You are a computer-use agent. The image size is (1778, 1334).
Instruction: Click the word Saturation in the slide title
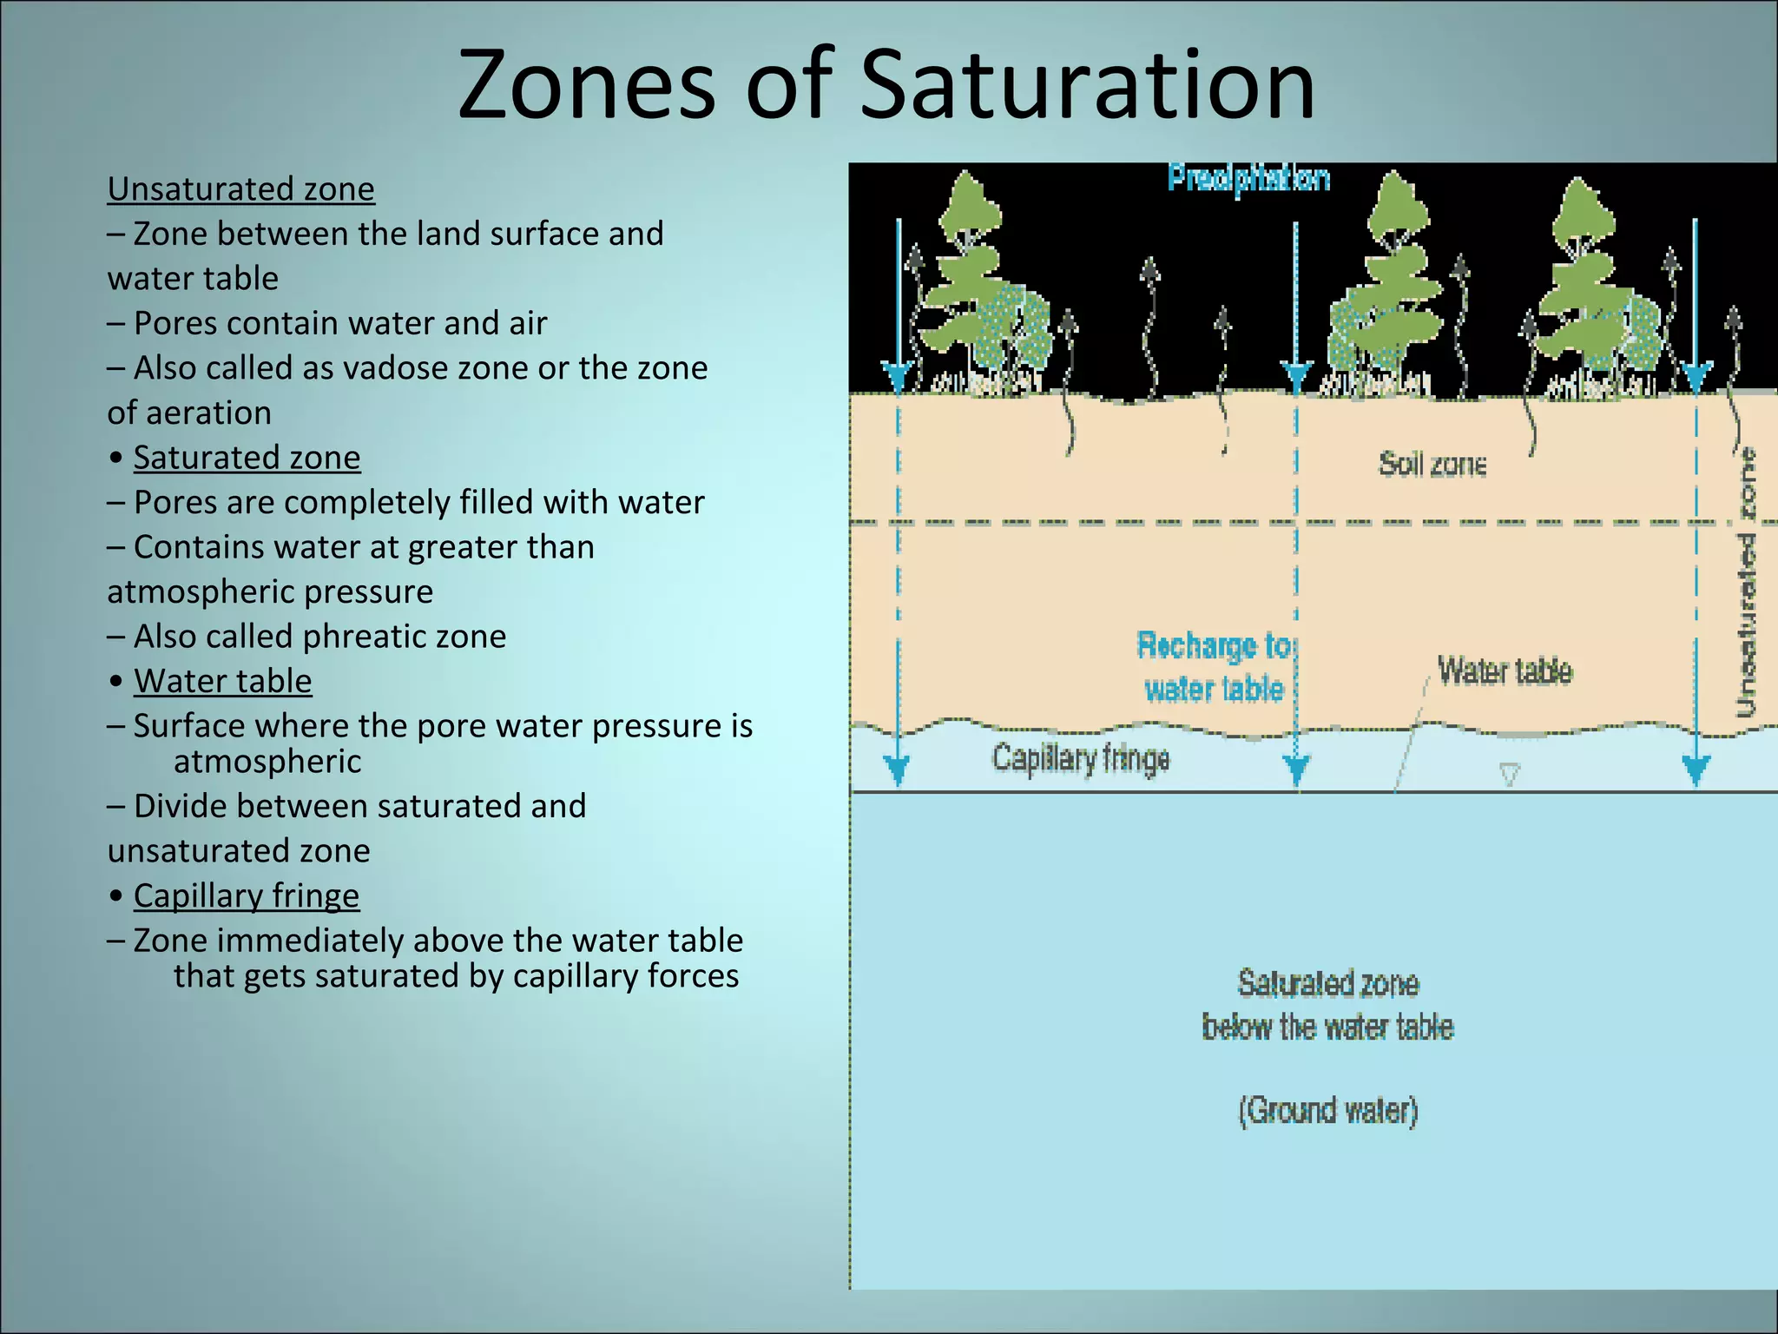tap(1087, 85)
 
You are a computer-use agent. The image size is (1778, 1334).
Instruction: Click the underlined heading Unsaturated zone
tap(241, 189)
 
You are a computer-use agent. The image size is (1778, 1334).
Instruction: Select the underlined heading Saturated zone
tap(247, 458)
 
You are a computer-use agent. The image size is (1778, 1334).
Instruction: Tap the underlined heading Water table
tap(222, 681)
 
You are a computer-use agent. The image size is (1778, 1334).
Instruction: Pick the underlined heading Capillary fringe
tap(246, 895)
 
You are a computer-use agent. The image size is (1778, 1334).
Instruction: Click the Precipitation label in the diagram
tap(1248, 179)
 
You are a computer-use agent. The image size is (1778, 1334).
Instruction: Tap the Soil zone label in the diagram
tap(1432, 465)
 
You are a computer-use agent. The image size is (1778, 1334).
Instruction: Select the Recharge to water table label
tap(1214, 667)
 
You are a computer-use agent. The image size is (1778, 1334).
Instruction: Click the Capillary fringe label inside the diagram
tap(1081, 758)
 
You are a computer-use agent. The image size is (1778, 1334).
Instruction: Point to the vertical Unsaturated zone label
tap(1746, 582)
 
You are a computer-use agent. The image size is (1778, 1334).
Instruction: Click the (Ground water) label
tap(1327, 1111)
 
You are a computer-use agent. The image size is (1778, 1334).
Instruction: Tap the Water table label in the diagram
tap(1505, 671)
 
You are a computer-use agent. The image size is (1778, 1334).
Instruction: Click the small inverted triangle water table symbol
tap(1510, 774)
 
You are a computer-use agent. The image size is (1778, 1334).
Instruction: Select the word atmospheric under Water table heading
tap(267, 762)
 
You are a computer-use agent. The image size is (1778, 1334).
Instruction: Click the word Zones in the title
tap(586, 85)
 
